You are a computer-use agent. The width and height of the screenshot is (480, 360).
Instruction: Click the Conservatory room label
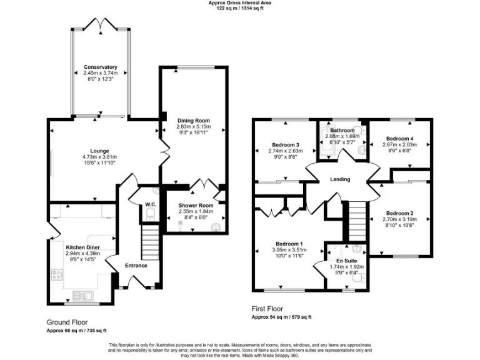coord(101,67)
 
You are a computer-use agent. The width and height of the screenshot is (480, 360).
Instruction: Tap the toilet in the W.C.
coord(149,215)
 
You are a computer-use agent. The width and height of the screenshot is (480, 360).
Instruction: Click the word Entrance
coord(136,266)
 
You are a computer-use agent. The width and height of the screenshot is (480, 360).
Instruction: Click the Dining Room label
coord(194,120)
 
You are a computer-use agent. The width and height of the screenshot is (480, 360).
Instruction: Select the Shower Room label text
coord(196,205)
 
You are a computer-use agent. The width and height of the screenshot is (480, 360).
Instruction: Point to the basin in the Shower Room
coord(216,226)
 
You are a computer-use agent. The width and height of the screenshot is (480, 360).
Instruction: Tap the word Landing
coord(340,180)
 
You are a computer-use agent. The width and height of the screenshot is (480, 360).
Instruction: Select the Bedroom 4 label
coord(399,138)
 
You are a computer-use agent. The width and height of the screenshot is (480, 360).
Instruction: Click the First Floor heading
coord(267,309)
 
